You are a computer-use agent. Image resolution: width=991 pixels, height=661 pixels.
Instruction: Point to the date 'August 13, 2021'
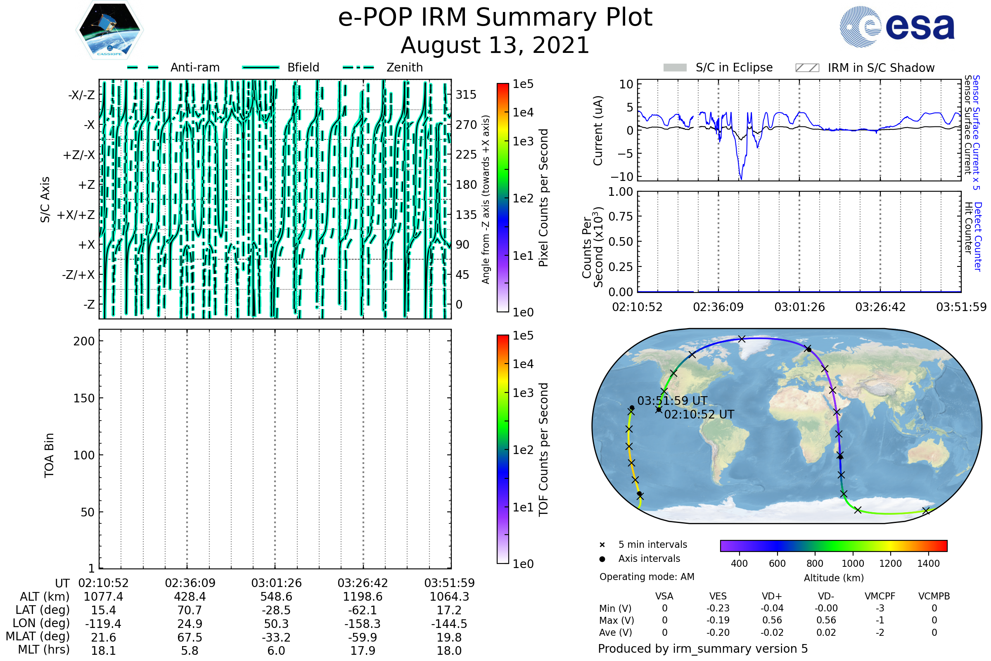tap(495, 45)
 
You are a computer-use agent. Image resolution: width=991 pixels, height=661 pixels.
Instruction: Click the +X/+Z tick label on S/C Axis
tap(76, 215)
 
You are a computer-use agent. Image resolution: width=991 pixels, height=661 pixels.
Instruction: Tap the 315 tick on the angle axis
tap(466, 95)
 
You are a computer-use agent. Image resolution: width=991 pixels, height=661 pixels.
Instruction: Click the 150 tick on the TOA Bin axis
tap(84, 398)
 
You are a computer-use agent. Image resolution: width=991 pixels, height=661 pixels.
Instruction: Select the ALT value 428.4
tap(190, 597)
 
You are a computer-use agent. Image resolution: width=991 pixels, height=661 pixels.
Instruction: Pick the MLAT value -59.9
tap(363, 637)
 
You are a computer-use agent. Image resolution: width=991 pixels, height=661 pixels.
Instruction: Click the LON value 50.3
tap(276, 623)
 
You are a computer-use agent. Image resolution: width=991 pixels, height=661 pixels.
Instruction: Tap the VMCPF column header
tap(880, 596)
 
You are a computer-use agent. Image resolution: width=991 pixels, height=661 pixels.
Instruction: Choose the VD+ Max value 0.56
tap(772, 620)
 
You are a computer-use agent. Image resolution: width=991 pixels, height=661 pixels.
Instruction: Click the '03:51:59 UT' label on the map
tap(673, 400)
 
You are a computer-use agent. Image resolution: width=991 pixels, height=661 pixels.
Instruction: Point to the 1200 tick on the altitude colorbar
tap(890, 564)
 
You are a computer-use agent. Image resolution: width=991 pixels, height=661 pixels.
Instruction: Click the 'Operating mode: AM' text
tap(647, 577)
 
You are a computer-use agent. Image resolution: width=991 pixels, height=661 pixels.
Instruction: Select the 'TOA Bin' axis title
tap(49, 455)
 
